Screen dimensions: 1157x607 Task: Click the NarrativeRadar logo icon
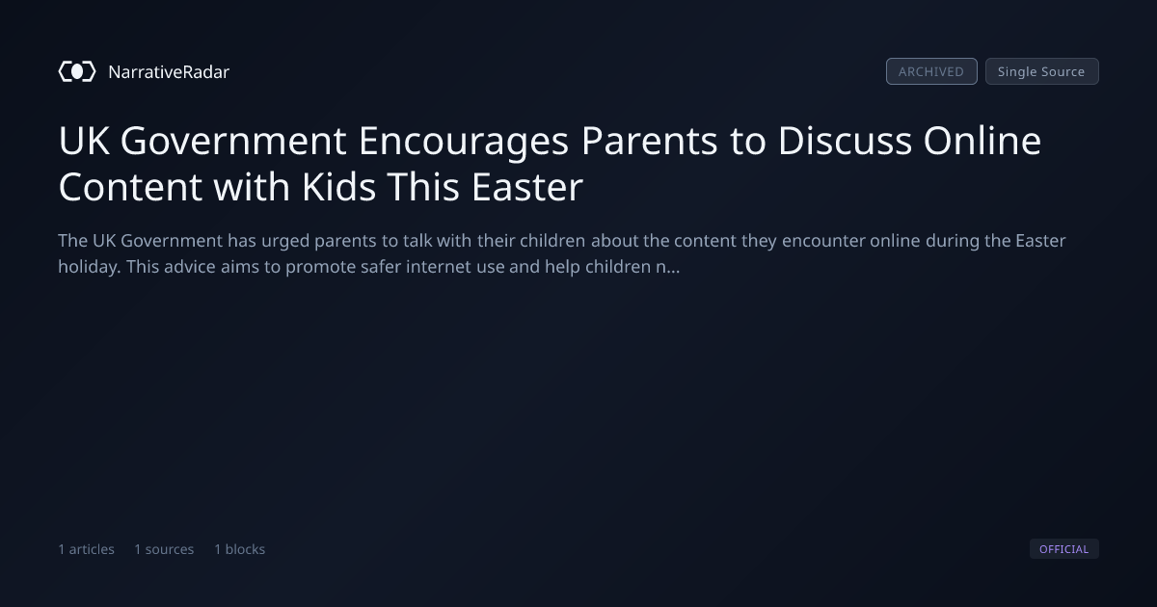(77, 71)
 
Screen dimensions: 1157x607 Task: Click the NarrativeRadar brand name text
(169, 71)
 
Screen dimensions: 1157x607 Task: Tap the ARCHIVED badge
(931, 71)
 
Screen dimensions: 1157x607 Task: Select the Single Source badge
(1042, 71)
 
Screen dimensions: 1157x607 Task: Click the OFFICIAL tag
(1064, 548)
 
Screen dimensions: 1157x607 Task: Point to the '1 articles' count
(86, 549)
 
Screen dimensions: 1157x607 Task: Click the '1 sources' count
(164, 549)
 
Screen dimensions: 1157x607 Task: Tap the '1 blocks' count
(240, 549)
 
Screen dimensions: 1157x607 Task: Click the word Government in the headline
(233, 141)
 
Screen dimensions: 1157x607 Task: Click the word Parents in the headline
(649, 141)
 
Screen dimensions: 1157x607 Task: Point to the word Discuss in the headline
(845, 141)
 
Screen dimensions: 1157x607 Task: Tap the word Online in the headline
(982, 141)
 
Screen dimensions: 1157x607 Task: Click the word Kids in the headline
(338, 187)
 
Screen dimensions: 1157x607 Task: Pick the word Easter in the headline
(527, 187)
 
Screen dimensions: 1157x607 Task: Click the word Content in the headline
(130, 187)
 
